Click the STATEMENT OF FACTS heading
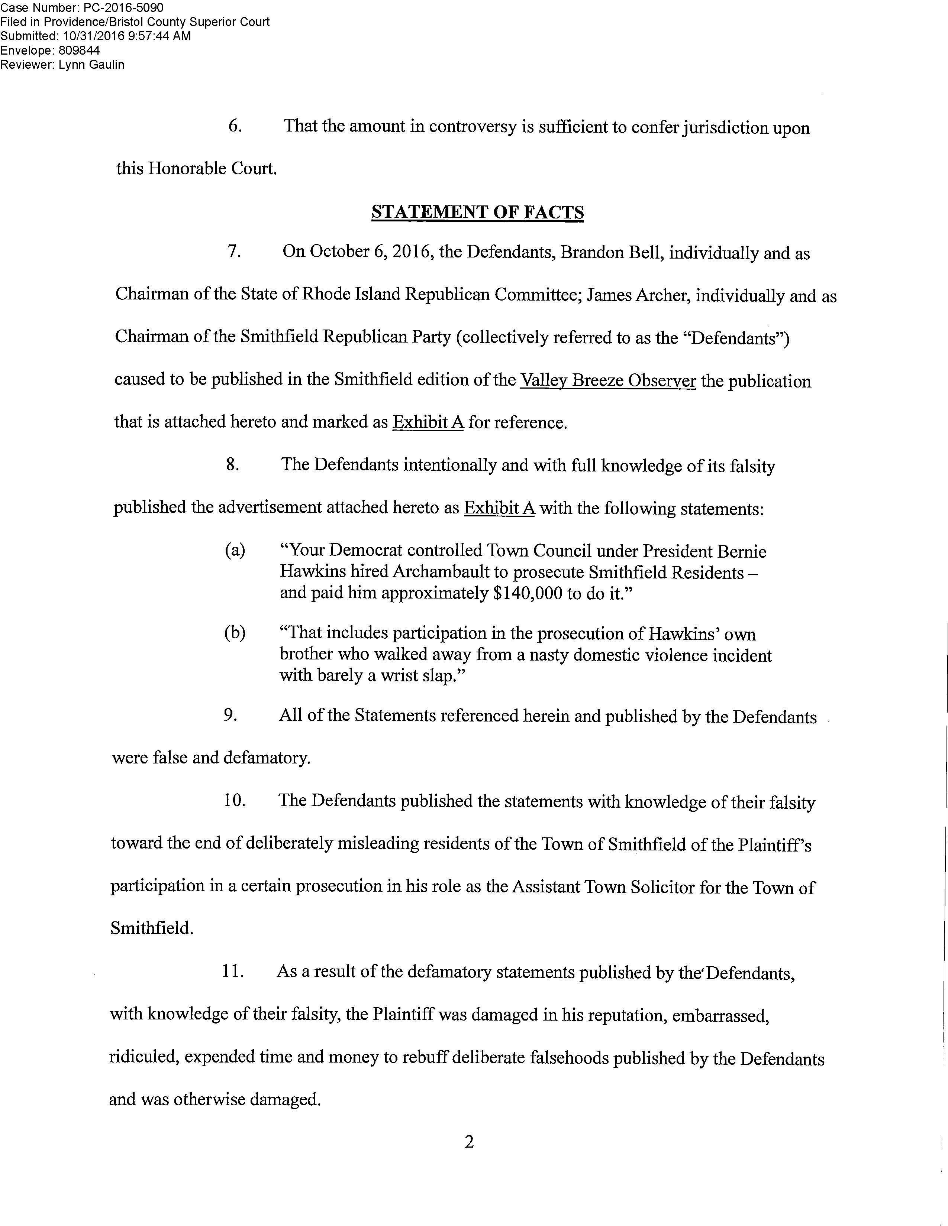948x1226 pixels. point(477,212)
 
